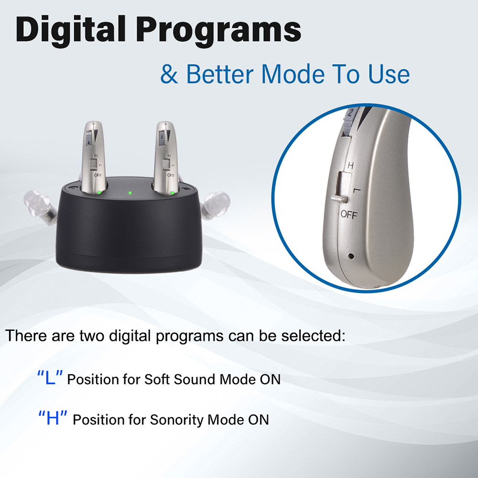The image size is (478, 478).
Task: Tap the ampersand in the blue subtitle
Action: coord(169,74)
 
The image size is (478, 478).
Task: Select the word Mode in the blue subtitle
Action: coord(293,74)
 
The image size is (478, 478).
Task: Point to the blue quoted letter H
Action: coord(53,418)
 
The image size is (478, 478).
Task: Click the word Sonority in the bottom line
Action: coord(177,420)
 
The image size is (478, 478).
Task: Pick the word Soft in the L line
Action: coord(157,379)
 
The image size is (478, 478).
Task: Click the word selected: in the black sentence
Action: coord(313,336)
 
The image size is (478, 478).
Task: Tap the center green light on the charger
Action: coord(130,193)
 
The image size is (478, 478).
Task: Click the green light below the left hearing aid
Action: coord(99,192)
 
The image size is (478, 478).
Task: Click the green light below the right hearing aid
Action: coord(172,193)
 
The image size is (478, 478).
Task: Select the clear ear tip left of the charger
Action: coord(40,207)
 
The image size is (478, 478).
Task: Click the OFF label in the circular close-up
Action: coord(349,215)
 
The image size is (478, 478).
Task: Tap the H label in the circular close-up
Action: coord(351,165)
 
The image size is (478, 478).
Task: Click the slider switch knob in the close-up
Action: coord(339,199)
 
